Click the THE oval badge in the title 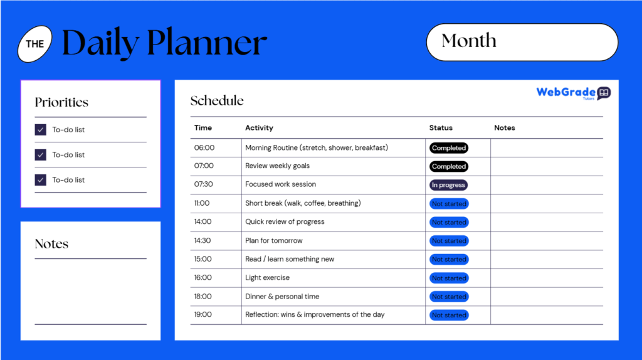tap(35, 44)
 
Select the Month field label tap(469, 41)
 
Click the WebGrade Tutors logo tap(573, 93)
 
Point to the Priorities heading tap(61, 102)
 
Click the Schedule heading tap(217, 100)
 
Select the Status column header tap(441, 128)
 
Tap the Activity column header tap(259, 128)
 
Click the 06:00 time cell tap(204, 148)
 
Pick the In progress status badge tap(448, 185)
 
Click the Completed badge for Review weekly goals tap(449, 167)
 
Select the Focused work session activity tap(280, 184)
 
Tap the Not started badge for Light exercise tap(449, 278)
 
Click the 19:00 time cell tap(203, 315)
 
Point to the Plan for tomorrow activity tap(273, 241)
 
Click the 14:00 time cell tap(203, 222)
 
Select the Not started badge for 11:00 tap(449, 204)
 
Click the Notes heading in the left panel tap(51, 244)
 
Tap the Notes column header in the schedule tap(504, 128)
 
